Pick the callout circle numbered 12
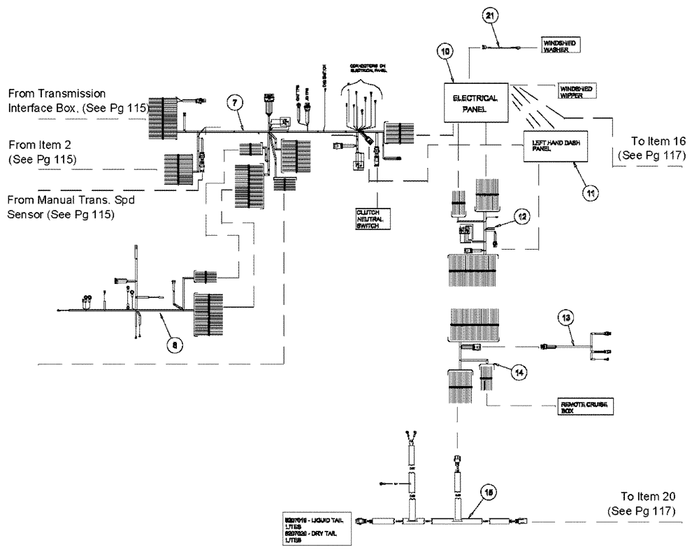pos(521,218)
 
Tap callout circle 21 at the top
pos(491,17)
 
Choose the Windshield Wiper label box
pos(577,92)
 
